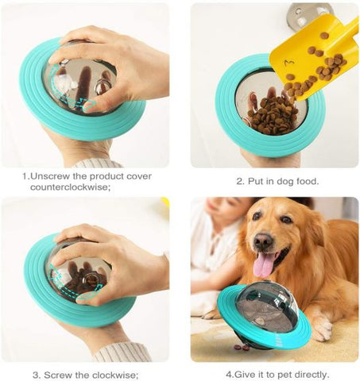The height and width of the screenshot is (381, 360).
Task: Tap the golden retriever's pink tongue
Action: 264,264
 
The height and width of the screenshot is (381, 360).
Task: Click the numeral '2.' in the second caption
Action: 240,181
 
